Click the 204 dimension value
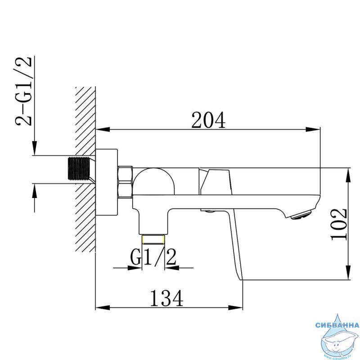tap(208, 120)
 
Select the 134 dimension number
tap(166, 298)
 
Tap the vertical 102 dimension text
tap(339, 224)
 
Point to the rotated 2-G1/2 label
tap(23, 91)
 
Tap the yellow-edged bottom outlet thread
tap(153, 239)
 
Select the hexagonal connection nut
tap(125, 182)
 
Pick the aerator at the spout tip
tap(300, 215)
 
